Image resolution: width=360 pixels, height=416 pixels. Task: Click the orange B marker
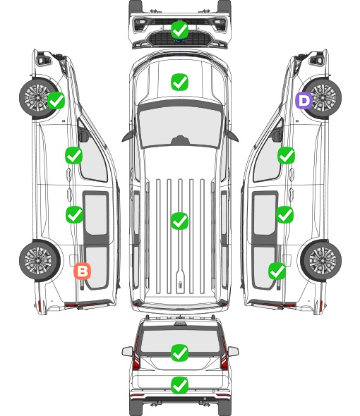83,271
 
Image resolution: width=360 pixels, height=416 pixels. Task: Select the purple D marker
304,100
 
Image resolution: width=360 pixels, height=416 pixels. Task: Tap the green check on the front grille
179,30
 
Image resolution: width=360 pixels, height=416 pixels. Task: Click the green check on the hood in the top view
179,82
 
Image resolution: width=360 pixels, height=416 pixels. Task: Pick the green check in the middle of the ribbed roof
179,221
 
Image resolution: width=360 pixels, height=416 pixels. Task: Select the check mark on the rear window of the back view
179,353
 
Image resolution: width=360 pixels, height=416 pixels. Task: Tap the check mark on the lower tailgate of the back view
179,385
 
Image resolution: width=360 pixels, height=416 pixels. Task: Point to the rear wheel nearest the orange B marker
40,260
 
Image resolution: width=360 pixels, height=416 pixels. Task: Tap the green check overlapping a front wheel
56,100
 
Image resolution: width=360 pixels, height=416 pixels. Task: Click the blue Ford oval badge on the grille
180,41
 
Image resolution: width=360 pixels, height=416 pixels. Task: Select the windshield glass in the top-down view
180,126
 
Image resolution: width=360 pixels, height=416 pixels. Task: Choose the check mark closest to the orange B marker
74,214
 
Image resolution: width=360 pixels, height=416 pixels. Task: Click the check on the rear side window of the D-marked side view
277,271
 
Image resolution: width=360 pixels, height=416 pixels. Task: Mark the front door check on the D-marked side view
286,155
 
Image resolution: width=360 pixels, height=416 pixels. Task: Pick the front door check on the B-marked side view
74,155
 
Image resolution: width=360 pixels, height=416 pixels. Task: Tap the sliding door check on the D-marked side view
284,214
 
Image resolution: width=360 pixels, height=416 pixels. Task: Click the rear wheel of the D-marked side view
321,260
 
